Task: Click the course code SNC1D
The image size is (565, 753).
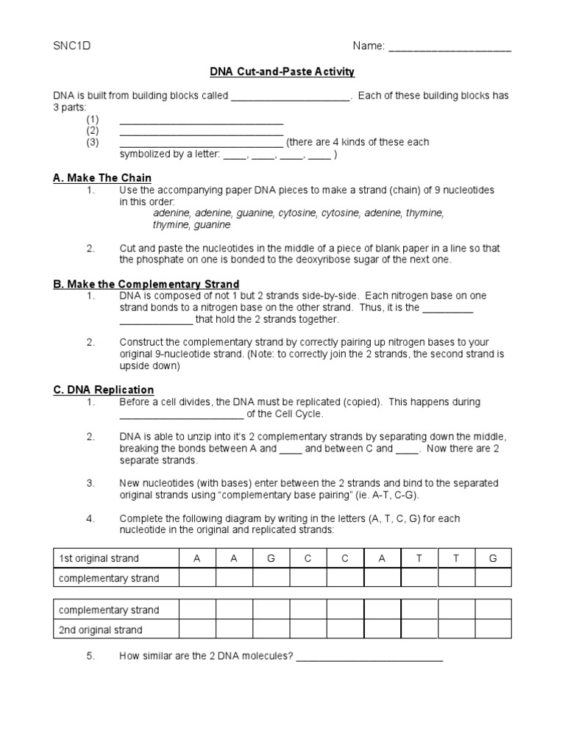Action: pos(72,46)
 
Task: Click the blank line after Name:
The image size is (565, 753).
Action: pos(449,49)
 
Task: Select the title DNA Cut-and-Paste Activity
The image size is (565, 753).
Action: pos(282,71)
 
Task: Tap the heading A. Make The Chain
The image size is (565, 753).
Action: pos(102,178)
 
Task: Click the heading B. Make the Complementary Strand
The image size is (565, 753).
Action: pos(146,284)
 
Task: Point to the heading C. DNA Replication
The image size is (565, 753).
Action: pos(104,390)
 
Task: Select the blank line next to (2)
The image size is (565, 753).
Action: pos(201,133)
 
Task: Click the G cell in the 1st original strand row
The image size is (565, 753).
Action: pos(271,558)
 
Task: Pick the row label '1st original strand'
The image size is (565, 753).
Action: pos(99,558)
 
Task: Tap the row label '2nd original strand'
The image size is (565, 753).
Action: pos(101,629)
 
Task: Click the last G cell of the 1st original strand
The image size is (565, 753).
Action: pos(493,558)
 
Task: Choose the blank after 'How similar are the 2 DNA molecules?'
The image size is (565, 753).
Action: pos(369,659)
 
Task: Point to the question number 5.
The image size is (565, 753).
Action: pos(90,656)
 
